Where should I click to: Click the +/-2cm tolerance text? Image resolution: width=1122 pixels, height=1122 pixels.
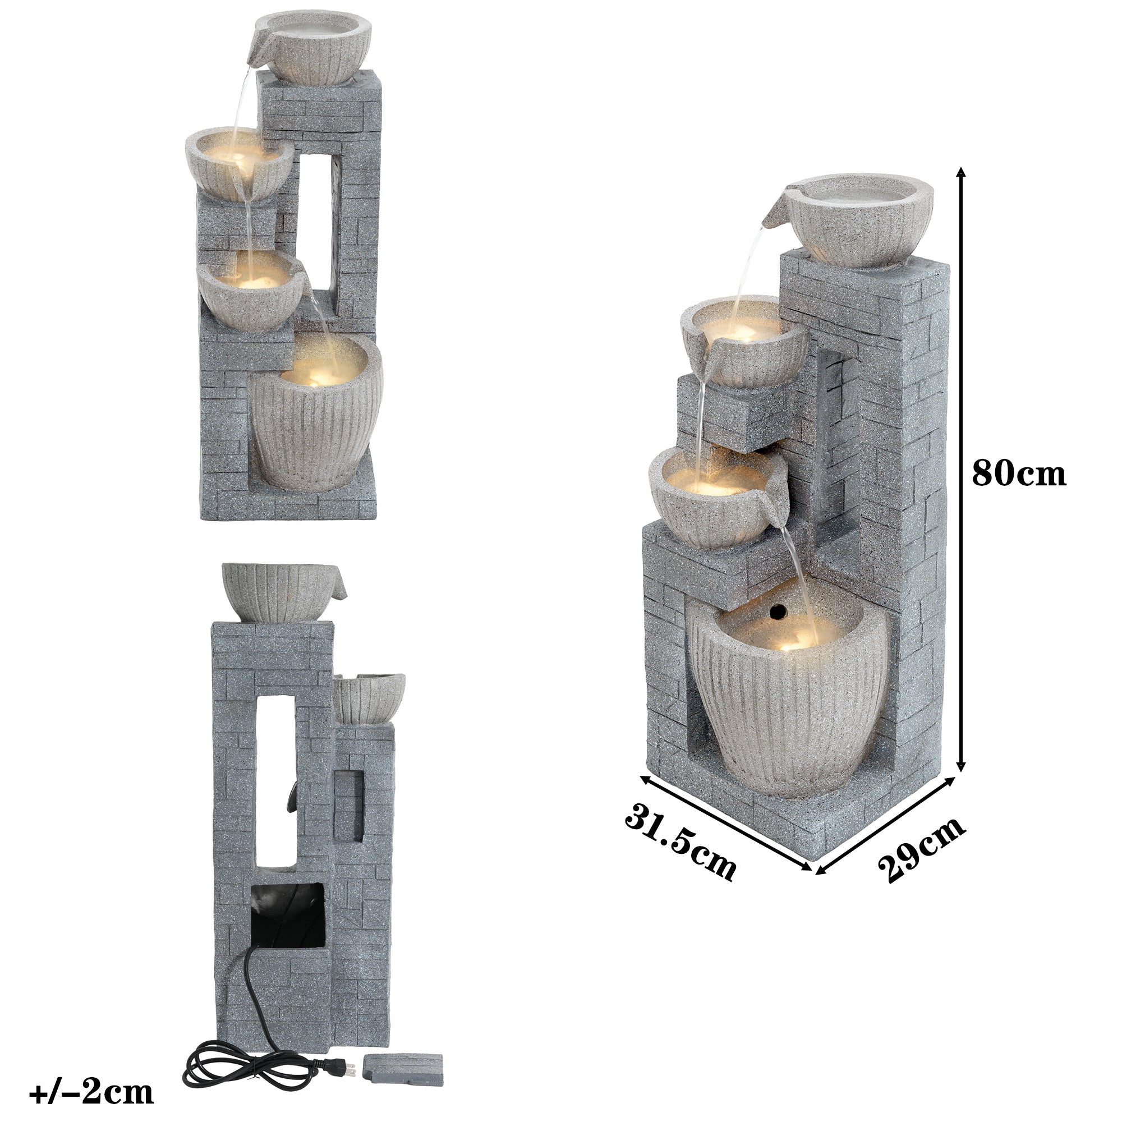point(91,1092)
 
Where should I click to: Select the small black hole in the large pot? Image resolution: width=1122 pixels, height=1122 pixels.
point(777,610)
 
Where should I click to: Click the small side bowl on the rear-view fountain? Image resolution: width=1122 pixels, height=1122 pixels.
point(369,698)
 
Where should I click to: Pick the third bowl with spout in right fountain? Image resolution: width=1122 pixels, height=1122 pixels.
point(713,498)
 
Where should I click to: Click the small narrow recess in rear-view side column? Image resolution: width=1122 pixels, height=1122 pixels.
point(349,806)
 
